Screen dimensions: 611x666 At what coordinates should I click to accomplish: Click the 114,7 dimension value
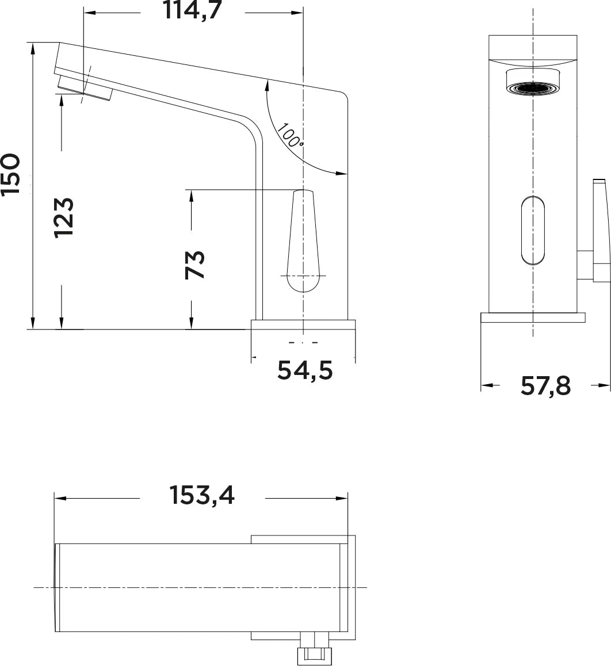coord(193,10)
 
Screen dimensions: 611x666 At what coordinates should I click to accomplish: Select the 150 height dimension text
coord(11,175)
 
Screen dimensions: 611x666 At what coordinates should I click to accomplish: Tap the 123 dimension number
coord(64,217)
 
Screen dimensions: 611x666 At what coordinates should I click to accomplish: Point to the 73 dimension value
coord(195,265)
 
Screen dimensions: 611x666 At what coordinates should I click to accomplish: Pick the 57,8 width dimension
coord(545,386)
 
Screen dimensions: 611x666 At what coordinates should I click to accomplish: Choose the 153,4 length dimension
coord(203,495)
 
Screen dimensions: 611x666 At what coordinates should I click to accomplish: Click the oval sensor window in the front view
coord(533,231)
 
